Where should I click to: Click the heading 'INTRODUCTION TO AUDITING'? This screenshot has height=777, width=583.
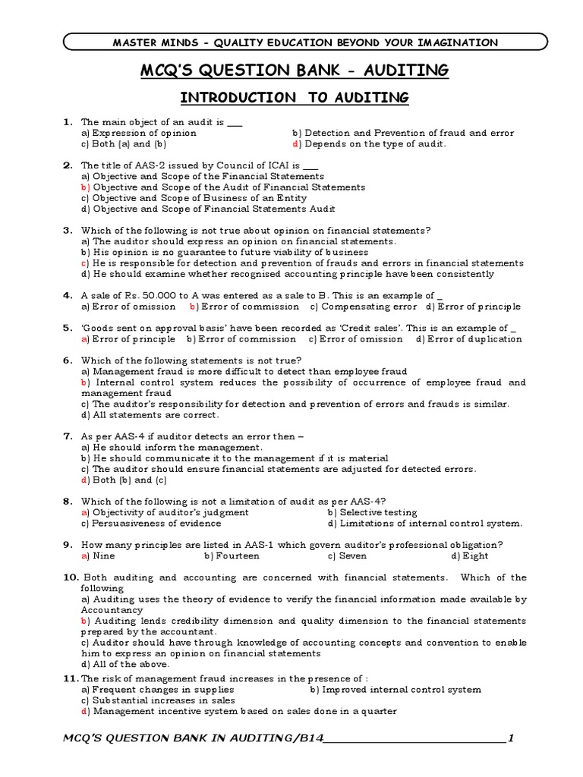294,97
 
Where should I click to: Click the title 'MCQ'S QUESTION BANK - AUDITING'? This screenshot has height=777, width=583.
294,71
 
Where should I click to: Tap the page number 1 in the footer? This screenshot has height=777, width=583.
511,738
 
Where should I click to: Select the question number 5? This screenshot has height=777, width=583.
67,328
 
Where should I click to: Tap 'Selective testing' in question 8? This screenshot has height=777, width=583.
372,512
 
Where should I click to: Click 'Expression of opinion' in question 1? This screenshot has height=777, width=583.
139,133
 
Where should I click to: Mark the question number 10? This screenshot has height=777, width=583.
70,577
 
